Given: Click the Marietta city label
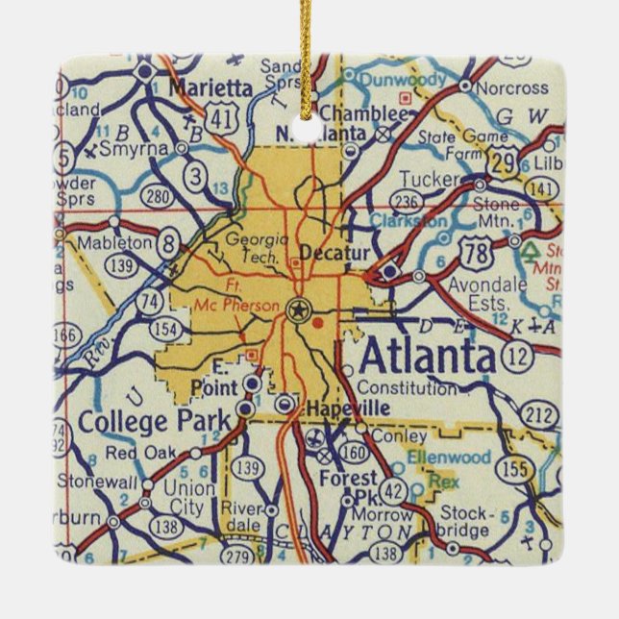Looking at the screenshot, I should tap(210, 87).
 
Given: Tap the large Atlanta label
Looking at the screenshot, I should tap(428, 358).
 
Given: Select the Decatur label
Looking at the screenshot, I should tap(329, 252).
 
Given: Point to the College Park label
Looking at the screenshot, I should tap(155, 420).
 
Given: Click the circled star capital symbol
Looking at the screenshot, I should tap(299, 309).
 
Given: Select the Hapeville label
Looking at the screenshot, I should tap(342, 409).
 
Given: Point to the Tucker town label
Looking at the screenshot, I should tap(430, 179).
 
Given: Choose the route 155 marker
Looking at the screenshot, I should tap(517, 469).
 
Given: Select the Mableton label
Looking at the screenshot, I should tap(115, 243).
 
